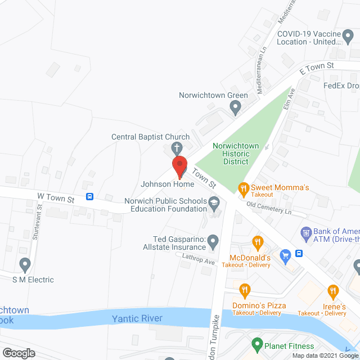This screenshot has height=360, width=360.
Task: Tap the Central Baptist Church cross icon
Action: tap(176, 148)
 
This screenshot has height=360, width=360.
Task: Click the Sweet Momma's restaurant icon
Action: tap(243, 188)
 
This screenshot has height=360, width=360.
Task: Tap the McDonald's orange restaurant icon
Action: tap(258, 242)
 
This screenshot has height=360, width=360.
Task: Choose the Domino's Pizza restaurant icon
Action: tap(245, 290)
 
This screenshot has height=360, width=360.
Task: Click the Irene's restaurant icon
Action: tap(332, 291)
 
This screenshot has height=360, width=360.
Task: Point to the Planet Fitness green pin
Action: tap(257, 343)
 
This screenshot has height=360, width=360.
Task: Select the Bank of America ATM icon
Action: tap(307, 232)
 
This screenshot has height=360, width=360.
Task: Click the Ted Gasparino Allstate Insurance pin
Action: tap(213, 242)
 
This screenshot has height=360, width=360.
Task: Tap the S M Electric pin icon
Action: tap(25, 264)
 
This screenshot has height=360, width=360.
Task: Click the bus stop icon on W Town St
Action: tap(89, 196)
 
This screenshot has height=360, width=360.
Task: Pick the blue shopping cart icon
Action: tap(285, 255)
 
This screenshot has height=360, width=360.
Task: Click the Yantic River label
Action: tap(137, 319)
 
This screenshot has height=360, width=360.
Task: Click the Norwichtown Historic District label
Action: tap(235, 154)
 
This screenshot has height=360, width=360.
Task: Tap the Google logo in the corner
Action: tap(18, 353)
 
